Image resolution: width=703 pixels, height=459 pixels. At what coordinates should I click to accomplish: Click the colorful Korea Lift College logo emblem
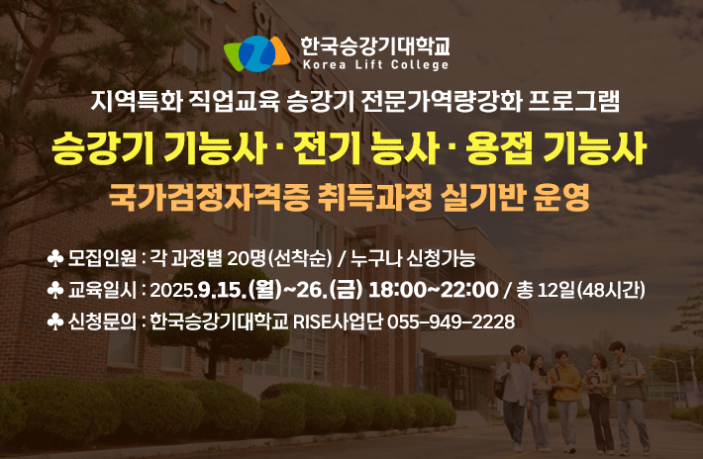[x=256, y=53]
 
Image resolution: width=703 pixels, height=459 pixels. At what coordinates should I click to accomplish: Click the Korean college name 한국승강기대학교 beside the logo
[x=375, y=46]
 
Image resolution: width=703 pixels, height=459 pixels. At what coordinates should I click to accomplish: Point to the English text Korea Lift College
[x=375, y=65]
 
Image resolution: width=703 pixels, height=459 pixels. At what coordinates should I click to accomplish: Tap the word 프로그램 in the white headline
[x=574, y=101]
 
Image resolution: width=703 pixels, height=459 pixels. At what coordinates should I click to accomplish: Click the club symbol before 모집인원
[x=55, y=259]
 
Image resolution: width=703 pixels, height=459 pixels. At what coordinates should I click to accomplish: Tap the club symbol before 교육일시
[x=55, y=290]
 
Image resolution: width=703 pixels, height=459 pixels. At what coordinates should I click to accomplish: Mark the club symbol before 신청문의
[x=55, y=321]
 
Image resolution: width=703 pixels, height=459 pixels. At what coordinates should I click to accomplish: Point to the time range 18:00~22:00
[x=433, y=290]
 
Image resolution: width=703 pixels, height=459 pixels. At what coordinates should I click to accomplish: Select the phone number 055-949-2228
[x=451, y=321]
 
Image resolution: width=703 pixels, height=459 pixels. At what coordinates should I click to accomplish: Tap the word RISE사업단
[x=338, y=321]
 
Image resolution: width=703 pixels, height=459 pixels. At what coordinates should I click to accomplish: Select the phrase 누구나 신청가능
[x=413, y=259]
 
